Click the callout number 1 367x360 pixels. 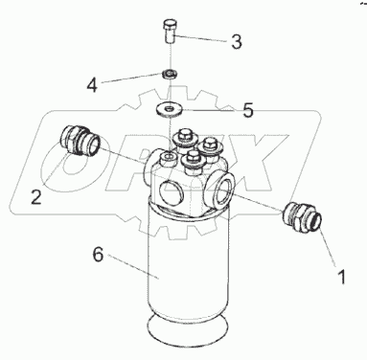(x=341, y=277)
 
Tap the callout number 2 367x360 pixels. (x=36, y=196)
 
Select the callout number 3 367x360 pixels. (x=237, y=41)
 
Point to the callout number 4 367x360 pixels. (x=92, y=85)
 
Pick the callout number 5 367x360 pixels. (x=248, y=110)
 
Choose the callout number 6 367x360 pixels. (x=99, y=255)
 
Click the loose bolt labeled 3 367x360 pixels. (x=171, y=32)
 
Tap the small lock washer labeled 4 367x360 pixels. (x=170, y=74)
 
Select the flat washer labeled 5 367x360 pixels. (x=169, y=109)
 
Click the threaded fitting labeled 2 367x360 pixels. (x=80, y=140)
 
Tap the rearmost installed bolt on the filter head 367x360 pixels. (x=184, y=140)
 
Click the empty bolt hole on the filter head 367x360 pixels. (x=169, y=157)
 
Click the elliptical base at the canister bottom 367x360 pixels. (x=188, y=328)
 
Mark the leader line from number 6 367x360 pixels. (x=133, y=266)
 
